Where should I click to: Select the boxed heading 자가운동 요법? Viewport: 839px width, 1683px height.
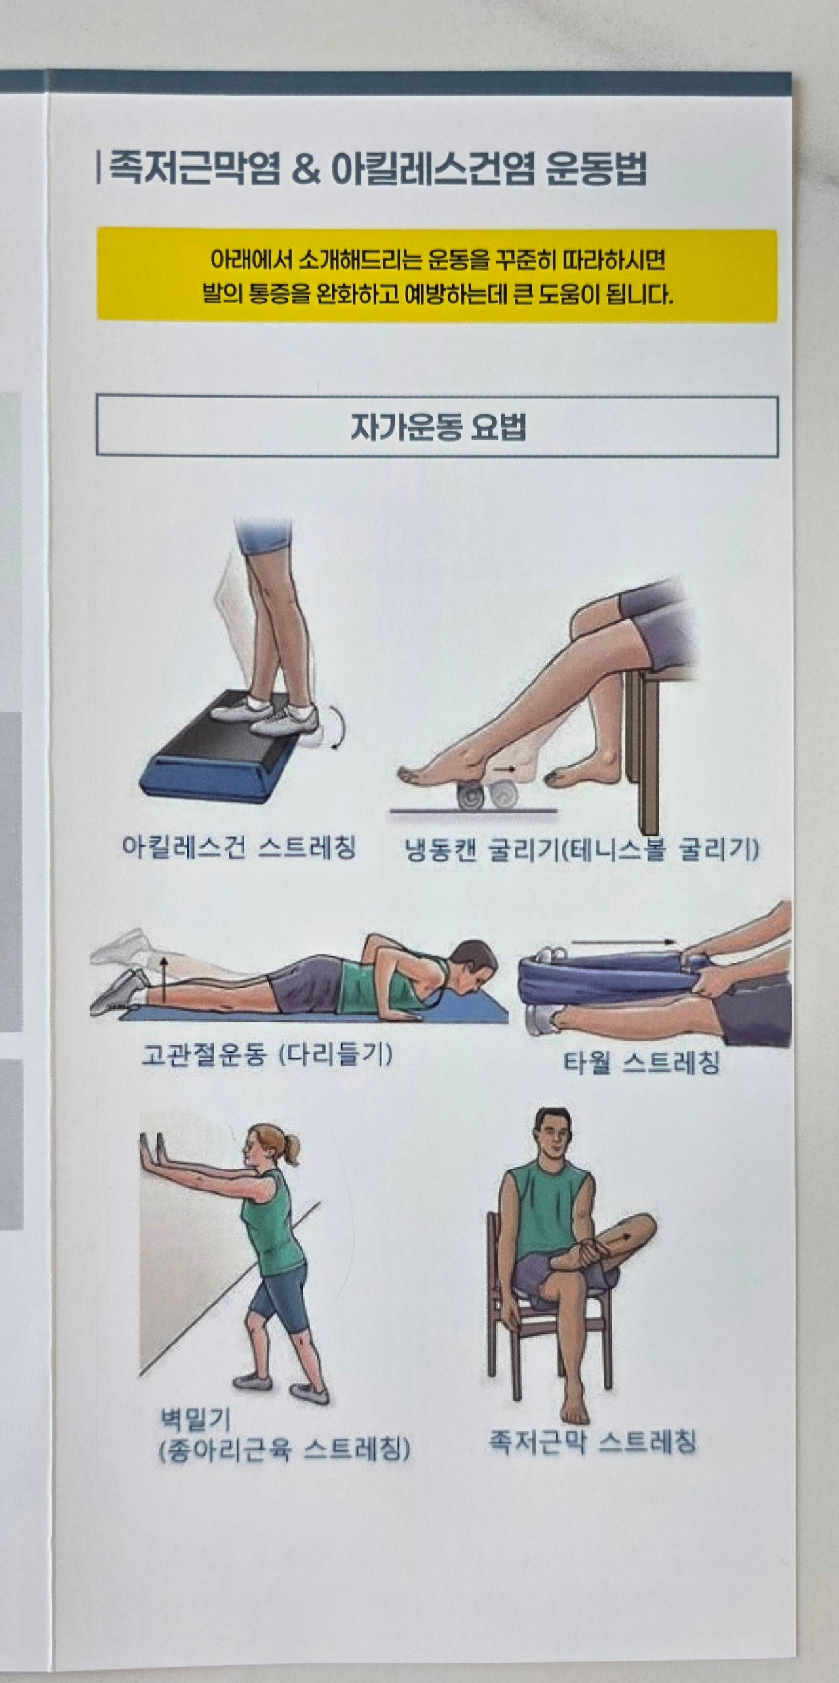point(437,426)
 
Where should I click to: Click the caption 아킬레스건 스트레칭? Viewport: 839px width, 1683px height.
point(238,847)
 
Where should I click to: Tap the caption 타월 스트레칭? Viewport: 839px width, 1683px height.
point(641,1062)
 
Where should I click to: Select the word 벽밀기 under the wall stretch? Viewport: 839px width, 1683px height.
point(195,1420)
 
